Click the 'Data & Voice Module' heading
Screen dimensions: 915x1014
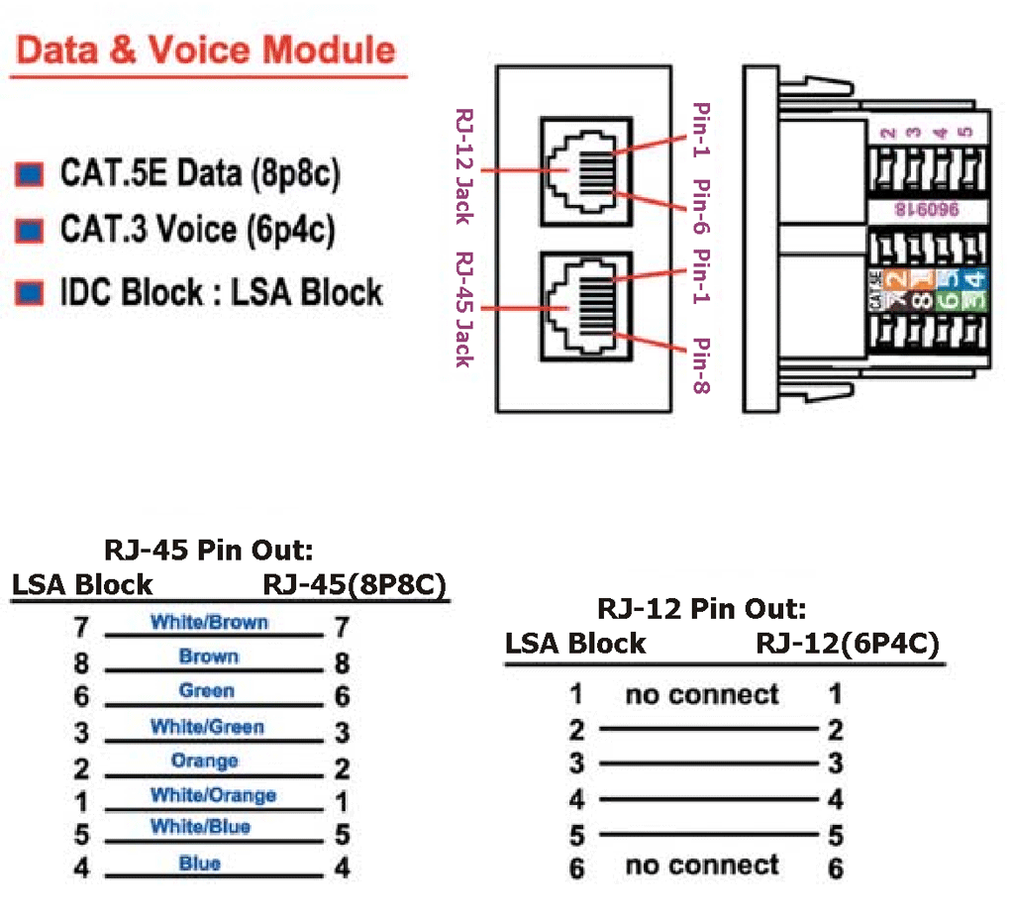(x=206, y=51)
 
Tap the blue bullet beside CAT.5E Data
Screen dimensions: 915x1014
(x=30, y=175)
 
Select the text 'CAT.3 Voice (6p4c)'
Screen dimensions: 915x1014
(x=197, y=230)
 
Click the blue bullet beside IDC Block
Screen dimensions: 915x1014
(x=30, y=292)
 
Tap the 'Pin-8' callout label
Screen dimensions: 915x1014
(x=701, y=366)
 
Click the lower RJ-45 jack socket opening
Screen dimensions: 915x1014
(x=584, y=308)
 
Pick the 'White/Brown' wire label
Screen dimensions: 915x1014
(x=209, y=623)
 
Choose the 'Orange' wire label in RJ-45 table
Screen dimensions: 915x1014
(x=204, y=762)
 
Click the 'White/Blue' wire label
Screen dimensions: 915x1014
(x=200, y=827)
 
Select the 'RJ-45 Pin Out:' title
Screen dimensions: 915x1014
(x=215, y=551)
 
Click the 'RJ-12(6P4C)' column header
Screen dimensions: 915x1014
(x=847, y=644)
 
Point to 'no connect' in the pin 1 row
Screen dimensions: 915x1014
(x=702, y=694)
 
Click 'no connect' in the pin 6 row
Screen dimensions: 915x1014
(x=702, y=865)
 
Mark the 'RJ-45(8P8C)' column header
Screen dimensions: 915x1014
(x=355, y=584)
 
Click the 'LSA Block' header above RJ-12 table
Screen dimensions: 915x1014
(x=575, y=644)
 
